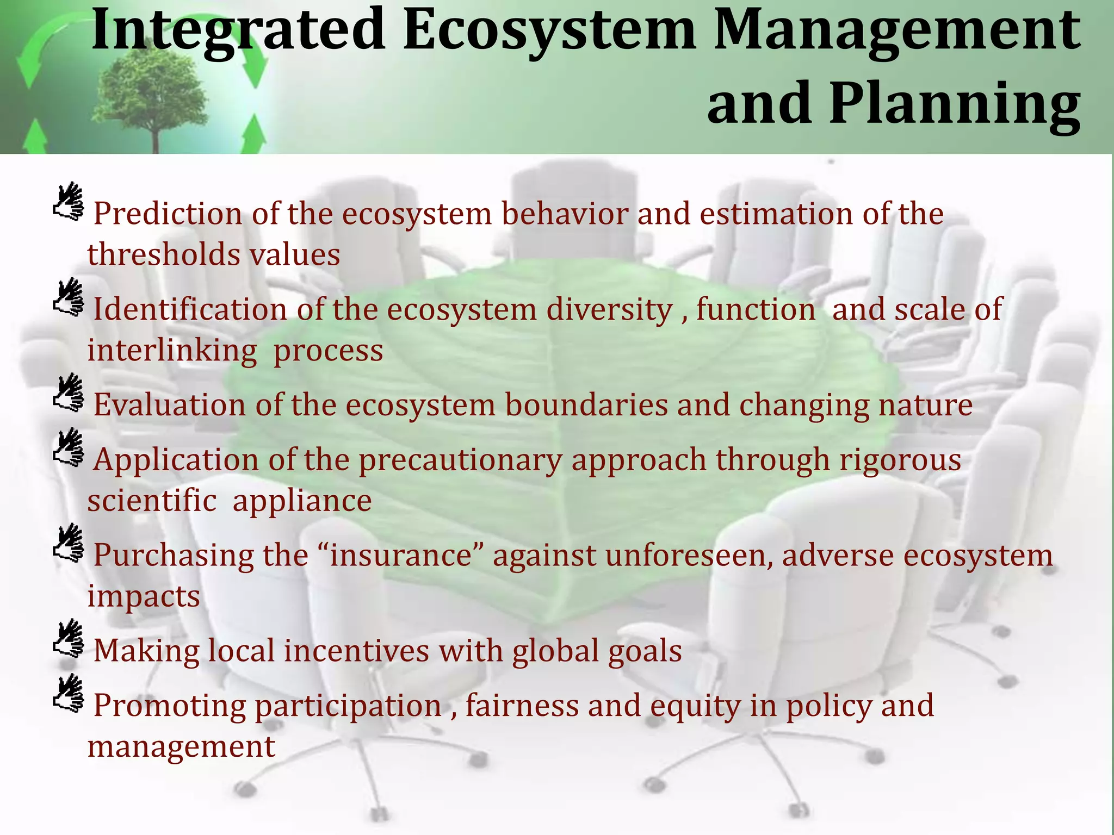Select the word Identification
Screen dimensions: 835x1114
pyautogui.click(x=190, y=309)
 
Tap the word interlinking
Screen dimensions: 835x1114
pyautogui.click(x=172, y=350)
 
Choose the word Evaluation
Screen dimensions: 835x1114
pyautogui.click(x=169, y=405)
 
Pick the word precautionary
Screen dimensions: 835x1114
pyautogui.click(x=460, y=460)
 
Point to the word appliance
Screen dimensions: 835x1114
pyautogui.click(x=302, y=501)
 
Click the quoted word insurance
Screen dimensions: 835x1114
pyautogui.click(x=402, y=556)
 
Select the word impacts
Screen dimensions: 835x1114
pyautogui.click(x=144, y=596)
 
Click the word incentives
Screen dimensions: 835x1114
pyautogui.click(x=356, y=651)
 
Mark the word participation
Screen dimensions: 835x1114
pyautogui.click(x=348, y=706)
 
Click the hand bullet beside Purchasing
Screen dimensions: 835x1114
pyautogui.click(x=69, y=543)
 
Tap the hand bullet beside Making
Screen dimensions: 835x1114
pyautogui.click(x=69, y=638)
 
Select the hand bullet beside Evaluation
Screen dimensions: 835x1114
pyautogui.click(x=69, y=392)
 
